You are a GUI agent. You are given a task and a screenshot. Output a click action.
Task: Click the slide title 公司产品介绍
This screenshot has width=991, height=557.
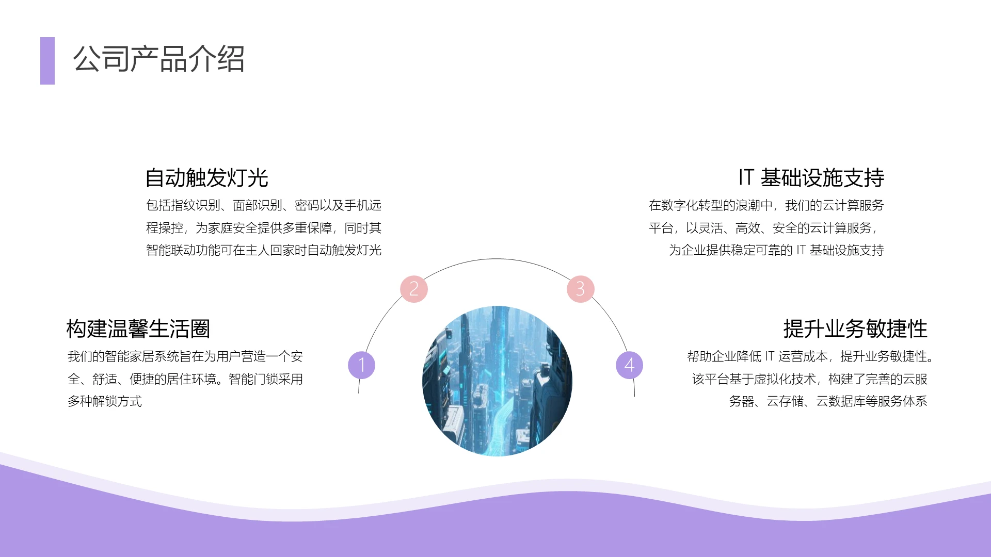pyautogui.click(x=158, y=59)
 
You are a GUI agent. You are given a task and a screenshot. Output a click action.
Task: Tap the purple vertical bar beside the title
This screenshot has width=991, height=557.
pyautogui.click(x=47, y=61)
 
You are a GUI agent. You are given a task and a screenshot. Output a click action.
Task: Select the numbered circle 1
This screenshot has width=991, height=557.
pyautogui.click(x=361, y=365)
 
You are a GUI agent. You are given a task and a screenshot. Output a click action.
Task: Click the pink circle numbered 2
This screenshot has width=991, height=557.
pyautogui.click(x=414, y=289)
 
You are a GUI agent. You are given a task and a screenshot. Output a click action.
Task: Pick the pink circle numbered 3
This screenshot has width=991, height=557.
pyautogui.click(x=581, y=289)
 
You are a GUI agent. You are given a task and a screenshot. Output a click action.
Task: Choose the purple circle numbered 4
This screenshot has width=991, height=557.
pyautogui.click(x=629, y=365)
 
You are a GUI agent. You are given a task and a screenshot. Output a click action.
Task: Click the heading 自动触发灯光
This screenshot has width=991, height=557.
pyautogui.click(x=206, y=178)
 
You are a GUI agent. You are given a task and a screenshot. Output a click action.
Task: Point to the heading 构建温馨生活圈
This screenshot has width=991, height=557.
pyautogui.click(x=138, y=329)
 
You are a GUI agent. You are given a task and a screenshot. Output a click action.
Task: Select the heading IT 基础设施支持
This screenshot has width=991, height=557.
pyautogui.click(x=811, y=178)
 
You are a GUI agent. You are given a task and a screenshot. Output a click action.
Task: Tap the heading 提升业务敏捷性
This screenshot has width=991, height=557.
pyautogui.click(x=855, y=329)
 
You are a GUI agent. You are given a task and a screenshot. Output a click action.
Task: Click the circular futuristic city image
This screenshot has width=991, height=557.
pyautogui.click(x=497, y=381)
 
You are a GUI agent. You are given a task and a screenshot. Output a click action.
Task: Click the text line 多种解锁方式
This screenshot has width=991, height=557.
pyautogui.click(x=105, y=401)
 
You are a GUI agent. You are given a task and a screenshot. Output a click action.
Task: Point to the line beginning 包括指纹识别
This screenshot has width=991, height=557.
pyautogui.click(x=264, y=205)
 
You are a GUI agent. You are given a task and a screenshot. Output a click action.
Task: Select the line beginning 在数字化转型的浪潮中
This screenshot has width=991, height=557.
pyautogui.click(x=766, y=205)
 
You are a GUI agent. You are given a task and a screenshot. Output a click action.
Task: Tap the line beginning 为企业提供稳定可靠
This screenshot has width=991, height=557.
pyautogui.click(x=776, y=250)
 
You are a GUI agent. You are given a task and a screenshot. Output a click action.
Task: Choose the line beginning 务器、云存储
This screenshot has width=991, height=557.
pyautogui.click(x=828, y=401)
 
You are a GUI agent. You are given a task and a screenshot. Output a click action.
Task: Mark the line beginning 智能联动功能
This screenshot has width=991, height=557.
pyautogui.click(x=264, y=250)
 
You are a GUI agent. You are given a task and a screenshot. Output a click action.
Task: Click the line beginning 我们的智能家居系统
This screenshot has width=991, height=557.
pyautogui.click(x=185, y=356)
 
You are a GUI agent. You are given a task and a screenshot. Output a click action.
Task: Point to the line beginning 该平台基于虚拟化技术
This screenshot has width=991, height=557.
pyautogui.click(x=809, y=379)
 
